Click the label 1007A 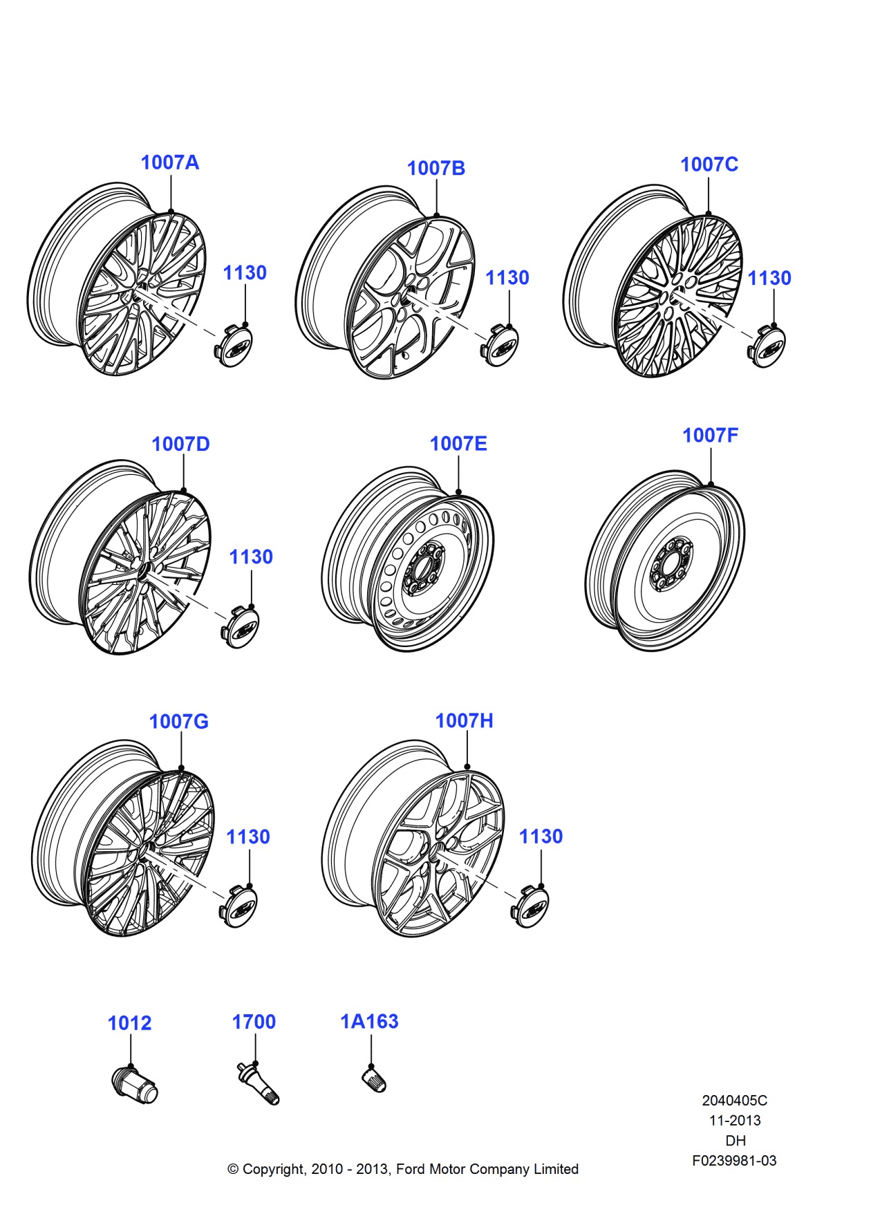click(x=170, y=162)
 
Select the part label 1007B click(x=435, y=168)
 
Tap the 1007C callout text click(x=709, y=165)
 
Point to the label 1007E click(x=458, y=444)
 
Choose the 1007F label click(x=710, y=436)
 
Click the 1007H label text click(x=464, y=721)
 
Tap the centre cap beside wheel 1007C click(x=767, y=347)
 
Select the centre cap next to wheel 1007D click(x=240, y=627)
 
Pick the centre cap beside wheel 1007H click(x=531, y=906)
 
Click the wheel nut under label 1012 click(x=135, y=1084)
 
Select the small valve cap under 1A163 click(x=374, y=1079)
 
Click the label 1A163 click(x=369, y=1022)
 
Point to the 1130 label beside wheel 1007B click(x=507, y=278)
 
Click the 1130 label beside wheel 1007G click(x=248, y=837)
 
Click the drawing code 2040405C click(x=734, y=1101)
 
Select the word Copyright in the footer click(x=274, y=1169)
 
